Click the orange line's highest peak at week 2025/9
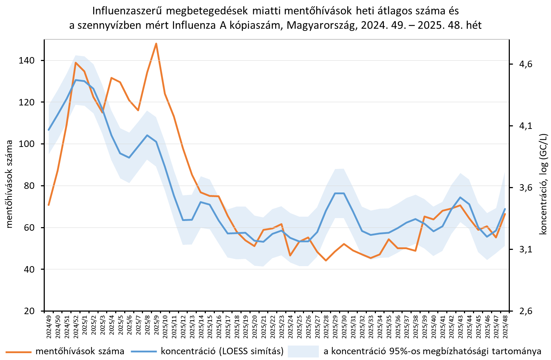156,44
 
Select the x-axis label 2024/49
49,326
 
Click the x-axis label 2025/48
505,326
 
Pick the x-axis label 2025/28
326,326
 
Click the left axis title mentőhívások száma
10,184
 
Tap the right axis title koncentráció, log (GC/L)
543,184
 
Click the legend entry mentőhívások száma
80,351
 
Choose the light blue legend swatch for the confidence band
303,351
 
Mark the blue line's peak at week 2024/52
75,80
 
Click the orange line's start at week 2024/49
49,205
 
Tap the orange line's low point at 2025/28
326,260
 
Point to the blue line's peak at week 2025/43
460,198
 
